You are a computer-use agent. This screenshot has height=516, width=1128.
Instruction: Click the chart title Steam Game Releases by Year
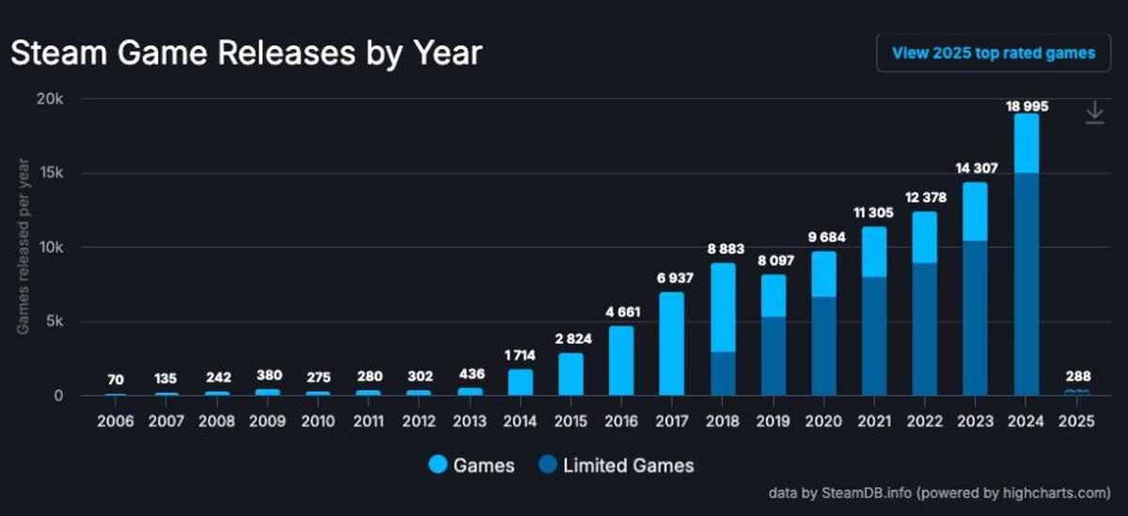(x=246, y=53)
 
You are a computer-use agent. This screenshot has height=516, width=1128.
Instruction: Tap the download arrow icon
(x=1094, y=114)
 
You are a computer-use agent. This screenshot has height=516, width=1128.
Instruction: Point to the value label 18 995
(x=1026, y=106)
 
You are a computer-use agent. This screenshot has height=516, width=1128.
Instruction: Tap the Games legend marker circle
(x=439, y=464)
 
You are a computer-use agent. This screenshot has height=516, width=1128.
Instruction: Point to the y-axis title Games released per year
(x=22, y=247)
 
